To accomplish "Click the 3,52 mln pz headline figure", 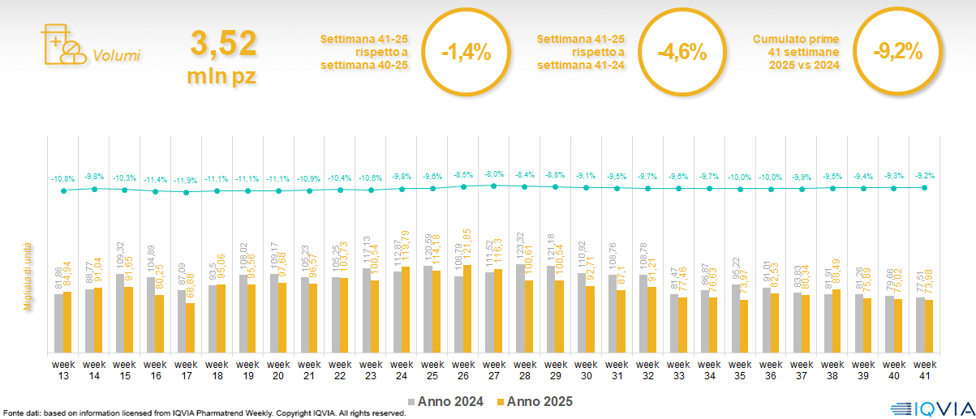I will [x=223, y=57].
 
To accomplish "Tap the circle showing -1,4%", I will [x=466, y=53].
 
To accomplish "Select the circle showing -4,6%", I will [x=681, y=53].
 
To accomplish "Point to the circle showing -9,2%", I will [x=897, y=53].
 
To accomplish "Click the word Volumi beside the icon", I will [x=117, y=56].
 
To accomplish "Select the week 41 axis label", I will [x=925, y=369].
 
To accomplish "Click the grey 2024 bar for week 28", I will [x=519, y=308].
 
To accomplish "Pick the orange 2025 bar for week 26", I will [x=467, y=309].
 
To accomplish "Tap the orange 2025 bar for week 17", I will [x=190, y=327].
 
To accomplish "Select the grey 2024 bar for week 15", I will [x=119, y=313].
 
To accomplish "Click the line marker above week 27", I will [x=493, y=186].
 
